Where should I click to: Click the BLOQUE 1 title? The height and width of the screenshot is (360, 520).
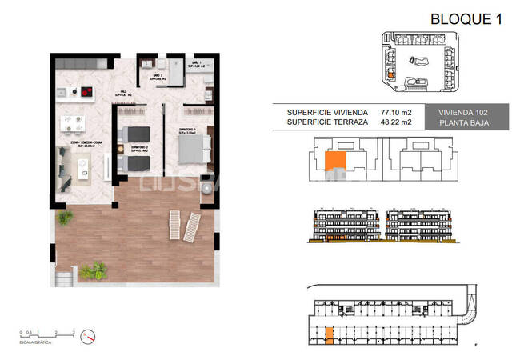(x=466, y=19)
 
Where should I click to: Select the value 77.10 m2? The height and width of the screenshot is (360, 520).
(x=395, y=113)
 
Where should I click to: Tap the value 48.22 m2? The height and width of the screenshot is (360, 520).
(x=395, y=123)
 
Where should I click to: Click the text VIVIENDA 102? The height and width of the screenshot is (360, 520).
(x=473, y=113)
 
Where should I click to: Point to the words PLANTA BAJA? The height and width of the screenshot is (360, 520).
(x=473, y=123)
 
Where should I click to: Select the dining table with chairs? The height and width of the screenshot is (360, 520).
(x=74, y=123)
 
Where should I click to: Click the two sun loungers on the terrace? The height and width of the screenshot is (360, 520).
(x=182, y=226)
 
